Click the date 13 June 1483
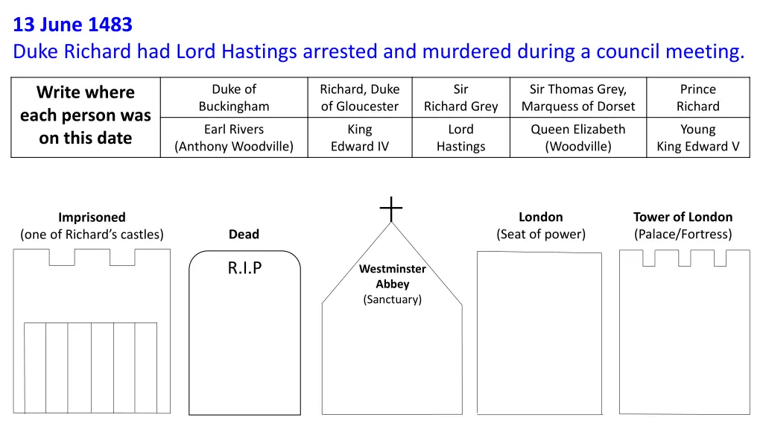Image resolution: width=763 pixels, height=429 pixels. pos(72,25)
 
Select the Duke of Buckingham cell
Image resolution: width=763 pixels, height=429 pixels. pos(234,98)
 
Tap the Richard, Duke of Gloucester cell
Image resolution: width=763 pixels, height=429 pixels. pos(360,98)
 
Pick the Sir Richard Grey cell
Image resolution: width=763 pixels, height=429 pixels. pos(460,98)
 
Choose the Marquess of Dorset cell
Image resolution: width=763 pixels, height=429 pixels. pos(578,98)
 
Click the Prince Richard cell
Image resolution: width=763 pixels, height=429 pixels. pos(697,98)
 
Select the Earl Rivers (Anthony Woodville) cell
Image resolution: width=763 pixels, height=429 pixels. pos(234,138)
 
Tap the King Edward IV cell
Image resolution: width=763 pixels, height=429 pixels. pos(360,138)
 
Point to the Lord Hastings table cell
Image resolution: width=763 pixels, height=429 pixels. pos(460,138)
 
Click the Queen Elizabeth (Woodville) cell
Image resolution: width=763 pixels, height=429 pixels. pos(578,138)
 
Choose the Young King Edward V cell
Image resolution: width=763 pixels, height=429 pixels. pos(697,138)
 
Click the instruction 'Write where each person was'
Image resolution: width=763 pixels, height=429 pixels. pos(86,115)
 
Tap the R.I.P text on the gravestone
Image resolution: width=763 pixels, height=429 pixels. pos(244,268)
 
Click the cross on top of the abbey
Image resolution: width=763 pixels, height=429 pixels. pos(391,209)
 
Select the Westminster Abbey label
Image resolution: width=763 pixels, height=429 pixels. pos(392,276)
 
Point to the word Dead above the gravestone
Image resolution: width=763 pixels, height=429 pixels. pos(244,235)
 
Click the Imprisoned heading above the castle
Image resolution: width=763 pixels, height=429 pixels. pos(92,217)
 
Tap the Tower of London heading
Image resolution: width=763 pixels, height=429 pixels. pos(683,217)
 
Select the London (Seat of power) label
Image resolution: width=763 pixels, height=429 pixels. pos(541,226)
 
